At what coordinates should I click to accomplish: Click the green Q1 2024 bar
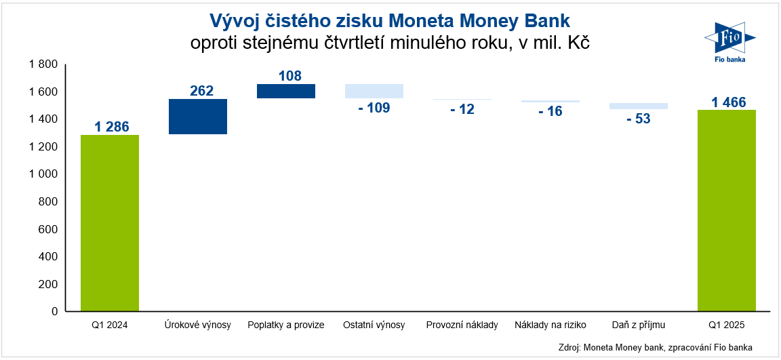tap(110, 224)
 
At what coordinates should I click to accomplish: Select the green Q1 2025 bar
tap(727, 211)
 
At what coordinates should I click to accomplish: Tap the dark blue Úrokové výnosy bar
tap(198, 117)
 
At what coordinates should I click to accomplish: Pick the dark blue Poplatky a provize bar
tap(286, 91)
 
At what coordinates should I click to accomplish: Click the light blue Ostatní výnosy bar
tap(374, 91)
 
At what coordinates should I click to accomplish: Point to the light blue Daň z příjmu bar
tap(639, 106)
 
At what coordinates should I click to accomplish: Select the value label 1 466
tap(729, 102)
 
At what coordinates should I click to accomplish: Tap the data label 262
tap(202, 91)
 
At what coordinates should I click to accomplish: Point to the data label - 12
tap(462, 109)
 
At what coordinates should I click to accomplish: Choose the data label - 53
tap(639, 119)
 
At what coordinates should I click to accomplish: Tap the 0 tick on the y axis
tap(55, 312)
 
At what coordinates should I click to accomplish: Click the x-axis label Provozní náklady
tap(462, 325)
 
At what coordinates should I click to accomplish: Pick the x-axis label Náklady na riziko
tap(550, 325)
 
